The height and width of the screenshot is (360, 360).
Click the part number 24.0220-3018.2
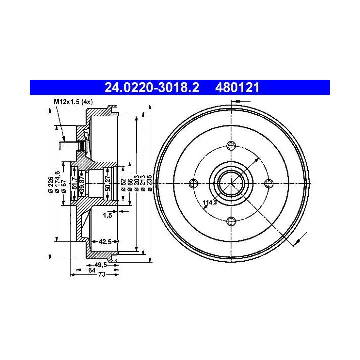coord(152,87)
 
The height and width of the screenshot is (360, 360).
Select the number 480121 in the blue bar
coord(237,87)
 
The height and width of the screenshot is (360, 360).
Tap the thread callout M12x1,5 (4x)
coord(73,102)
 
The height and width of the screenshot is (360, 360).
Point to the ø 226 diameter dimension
coord(51,184)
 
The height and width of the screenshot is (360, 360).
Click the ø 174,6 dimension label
coord(57,182)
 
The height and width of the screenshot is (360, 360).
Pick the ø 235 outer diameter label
coord(150,183)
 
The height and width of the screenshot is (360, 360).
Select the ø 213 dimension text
coord(143,183)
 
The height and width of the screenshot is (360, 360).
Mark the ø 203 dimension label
coord(137,183)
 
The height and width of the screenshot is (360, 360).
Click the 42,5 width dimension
coord(105,242)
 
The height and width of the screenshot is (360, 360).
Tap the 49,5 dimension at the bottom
coord(101,265)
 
